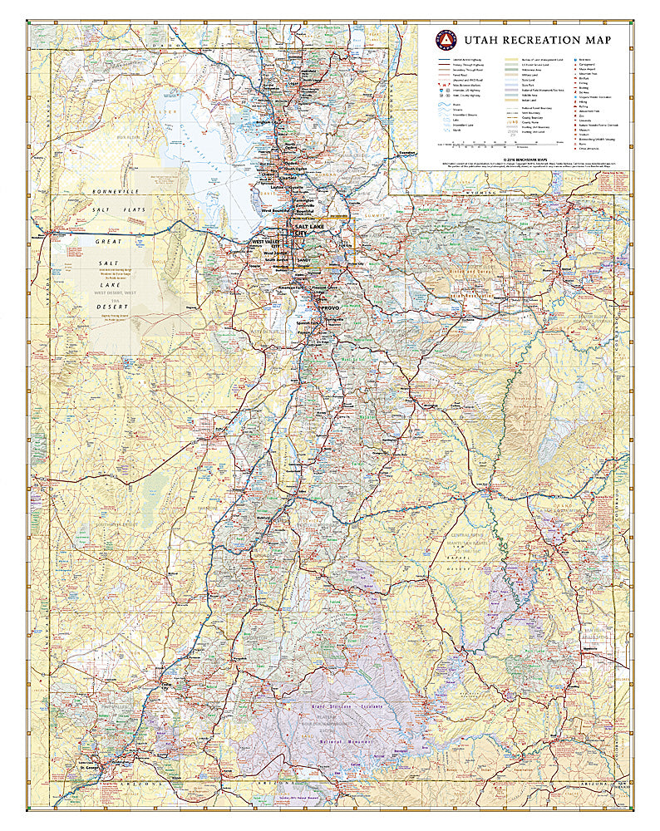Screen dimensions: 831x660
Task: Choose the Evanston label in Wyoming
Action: click(x=406, y=153)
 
